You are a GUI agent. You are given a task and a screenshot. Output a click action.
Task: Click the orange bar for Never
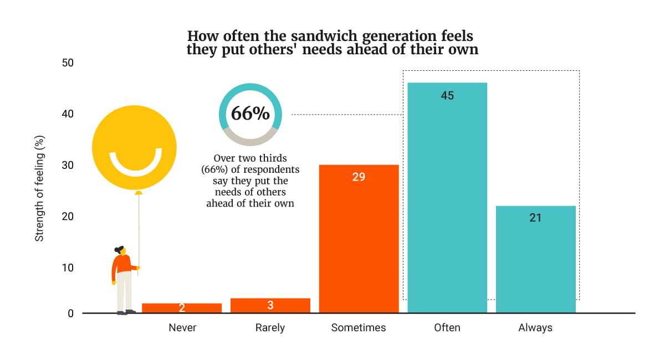point(182,308)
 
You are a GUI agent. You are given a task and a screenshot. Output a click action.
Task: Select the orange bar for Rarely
point(270,306)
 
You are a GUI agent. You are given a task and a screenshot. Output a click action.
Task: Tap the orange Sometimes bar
point(359,244)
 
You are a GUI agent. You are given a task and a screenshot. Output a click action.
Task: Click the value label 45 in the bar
point(447,96)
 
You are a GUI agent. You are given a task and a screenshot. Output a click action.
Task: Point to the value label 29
point(359,177)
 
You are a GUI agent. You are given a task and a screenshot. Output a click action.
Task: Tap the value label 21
point(535,218)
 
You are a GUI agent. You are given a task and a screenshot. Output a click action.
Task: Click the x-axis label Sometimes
point(359,328)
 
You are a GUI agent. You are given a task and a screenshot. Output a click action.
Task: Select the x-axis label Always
point(535,328)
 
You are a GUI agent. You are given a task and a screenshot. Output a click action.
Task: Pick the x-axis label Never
point(182,328)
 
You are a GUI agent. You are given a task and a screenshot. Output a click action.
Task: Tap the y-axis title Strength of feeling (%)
point(39,188)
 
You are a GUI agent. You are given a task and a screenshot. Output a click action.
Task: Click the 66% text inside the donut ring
point(250,114)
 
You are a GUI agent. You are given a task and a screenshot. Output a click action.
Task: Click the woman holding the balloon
point(123,280)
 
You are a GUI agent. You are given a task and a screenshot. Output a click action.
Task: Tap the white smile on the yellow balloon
point(135,164)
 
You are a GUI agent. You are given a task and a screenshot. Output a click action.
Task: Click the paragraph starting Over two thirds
point(250,181)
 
